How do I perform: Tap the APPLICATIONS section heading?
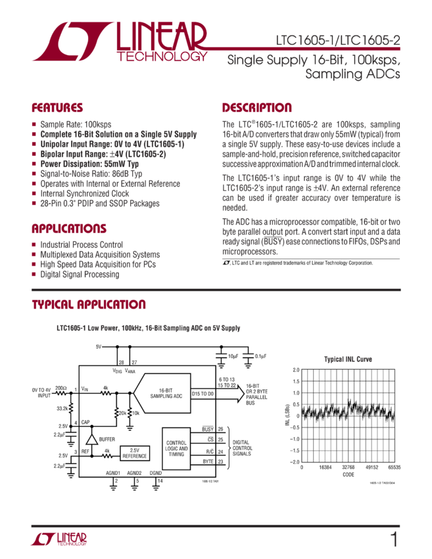pyautogui.click(x=69, y=229)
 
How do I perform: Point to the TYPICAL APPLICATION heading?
pyautogui.click(x=89, y=305)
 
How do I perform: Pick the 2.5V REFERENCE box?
pyautogui.click(x=135, y=452)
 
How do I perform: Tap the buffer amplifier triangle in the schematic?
pyautogui.click(x=92, y=438)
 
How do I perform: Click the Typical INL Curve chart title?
pyautogui.click(x=347, y=360)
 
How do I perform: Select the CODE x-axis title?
pyautogui.click(x=347, y=475)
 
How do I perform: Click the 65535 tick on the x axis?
pyautogui.click(x=394, y=469)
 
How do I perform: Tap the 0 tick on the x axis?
pyautogui.click(x=302, y=469)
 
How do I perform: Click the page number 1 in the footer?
pyautogui.click(x=393, y=540)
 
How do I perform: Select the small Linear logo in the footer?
pyautogui.click(x=59, y=539)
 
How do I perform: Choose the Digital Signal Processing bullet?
pyautogui.click(x=80, y=275)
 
